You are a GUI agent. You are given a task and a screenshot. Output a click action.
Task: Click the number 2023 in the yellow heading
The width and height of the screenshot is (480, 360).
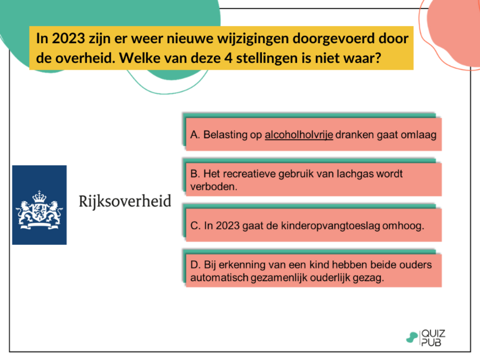68,38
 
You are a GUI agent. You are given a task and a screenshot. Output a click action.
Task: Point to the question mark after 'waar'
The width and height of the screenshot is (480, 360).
377,58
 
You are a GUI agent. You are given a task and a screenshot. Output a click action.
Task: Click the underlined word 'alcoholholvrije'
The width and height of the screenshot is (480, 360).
299,135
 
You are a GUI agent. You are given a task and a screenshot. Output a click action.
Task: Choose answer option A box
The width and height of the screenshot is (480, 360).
313,134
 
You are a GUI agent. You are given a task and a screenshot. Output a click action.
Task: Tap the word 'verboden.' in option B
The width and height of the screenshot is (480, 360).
214,186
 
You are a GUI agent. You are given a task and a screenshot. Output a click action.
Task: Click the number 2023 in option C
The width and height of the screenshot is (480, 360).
228,226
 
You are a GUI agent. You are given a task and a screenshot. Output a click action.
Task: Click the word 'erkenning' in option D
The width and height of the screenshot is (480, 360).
242,265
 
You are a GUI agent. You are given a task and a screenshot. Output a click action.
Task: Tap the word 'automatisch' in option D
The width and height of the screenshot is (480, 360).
219,278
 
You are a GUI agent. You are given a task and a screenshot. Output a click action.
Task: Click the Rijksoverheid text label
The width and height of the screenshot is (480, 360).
125,201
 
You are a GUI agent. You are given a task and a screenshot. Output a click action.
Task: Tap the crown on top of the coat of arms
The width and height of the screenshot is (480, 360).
39,196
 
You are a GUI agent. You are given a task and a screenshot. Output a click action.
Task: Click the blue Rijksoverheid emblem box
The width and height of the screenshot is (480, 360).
39,205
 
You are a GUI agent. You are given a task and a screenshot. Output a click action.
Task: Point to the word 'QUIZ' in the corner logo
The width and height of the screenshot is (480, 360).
433,333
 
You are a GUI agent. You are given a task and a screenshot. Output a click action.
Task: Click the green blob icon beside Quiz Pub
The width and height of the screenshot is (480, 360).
412,337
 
